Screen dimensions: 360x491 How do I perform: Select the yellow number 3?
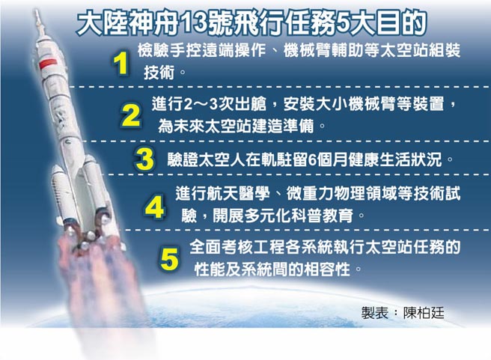coord(144,159)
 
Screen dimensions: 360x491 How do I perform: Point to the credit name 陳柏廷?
coord(424,311)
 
